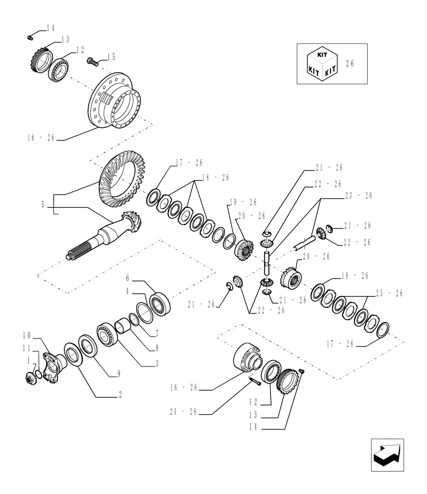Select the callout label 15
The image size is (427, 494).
coord(111,57)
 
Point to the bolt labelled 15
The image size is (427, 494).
coord(92,61)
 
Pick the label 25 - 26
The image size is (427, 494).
coord(390,293)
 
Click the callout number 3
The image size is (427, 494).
coord(157,364)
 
